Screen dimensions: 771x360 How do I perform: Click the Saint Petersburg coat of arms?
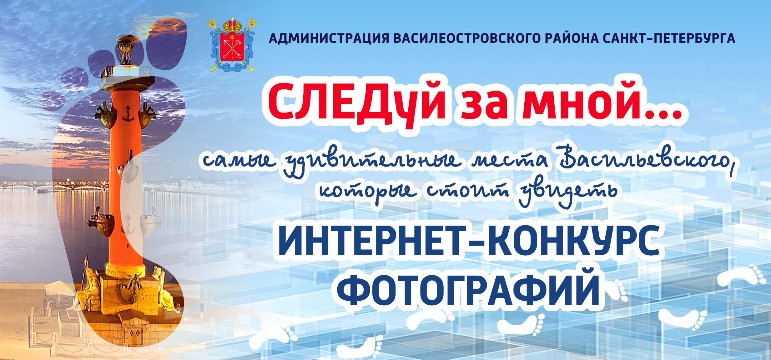(233, 45)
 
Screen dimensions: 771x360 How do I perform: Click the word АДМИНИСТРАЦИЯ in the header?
(329, 38)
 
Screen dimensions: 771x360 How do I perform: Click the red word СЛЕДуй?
(357, 103)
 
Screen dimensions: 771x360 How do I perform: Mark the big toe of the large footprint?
(167, 43)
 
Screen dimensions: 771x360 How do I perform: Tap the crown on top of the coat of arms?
(232, 25)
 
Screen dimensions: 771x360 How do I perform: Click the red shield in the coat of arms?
(232, 47)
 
